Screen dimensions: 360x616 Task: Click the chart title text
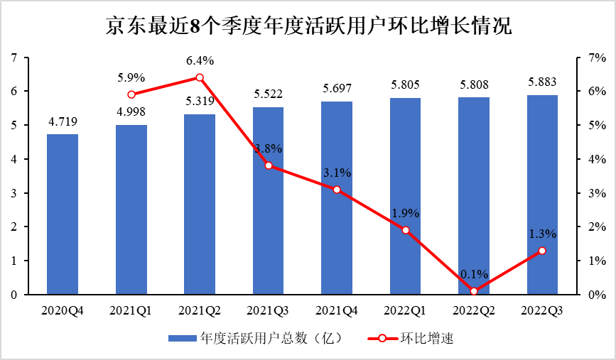click(308, 26)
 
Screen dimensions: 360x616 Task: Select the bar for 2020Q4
click(63, 214)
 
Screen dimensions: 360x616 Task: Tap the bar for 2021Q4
click(337, 198)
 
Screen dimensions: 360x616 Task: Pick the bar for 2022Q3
click(542, 195)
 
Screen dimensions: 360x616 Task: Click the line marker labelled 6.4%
click(200, 77)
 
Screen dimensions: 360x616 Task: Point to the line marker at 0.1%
click(474, 291)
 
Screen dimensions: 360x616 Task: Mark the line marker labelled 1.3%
click(542, 251)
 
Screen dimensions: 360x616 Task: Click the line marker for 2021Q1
click(131, 94)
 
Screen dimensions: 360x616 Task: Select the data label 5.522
click(269, 94)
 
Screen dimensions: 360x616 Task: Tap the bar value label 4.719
click(63, 121)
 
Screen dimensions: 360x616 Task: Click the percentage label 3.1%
click(337, 173)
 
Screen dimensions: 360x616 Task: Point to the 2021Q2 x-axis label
click(200, 310)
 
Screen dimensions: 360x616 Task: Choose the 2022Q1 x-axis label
click(405, 310)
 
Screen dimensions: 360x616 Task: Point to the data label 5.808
click(474, 84)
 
